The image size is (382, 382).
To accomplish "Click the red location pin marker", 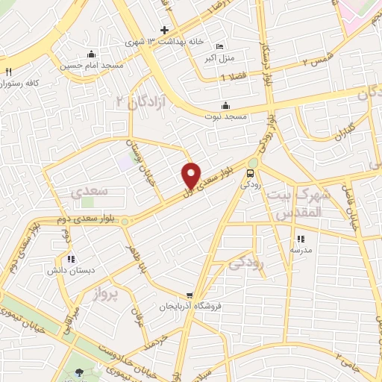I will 192,175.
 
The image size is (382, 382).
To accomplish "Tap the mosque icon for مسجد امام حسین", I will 91,54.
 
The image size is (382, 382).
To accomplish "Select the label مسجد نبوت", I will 225,116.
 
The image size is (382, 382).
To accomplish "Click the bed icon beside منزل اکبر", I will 219,46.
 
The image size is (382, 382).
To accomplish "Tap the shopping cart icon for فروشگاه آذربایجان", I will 191,295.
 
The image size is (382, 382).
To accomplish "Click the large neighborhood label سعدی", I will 90,191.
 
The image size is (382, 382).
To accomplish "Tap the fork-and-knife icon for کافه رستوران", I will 9,72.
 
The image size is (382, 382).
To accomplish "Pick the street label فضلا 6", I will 233,78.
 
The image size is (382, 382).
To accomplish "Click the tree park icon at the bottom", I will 81,372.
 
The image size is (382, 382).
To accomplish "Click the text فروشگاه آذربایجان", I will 192,307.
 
